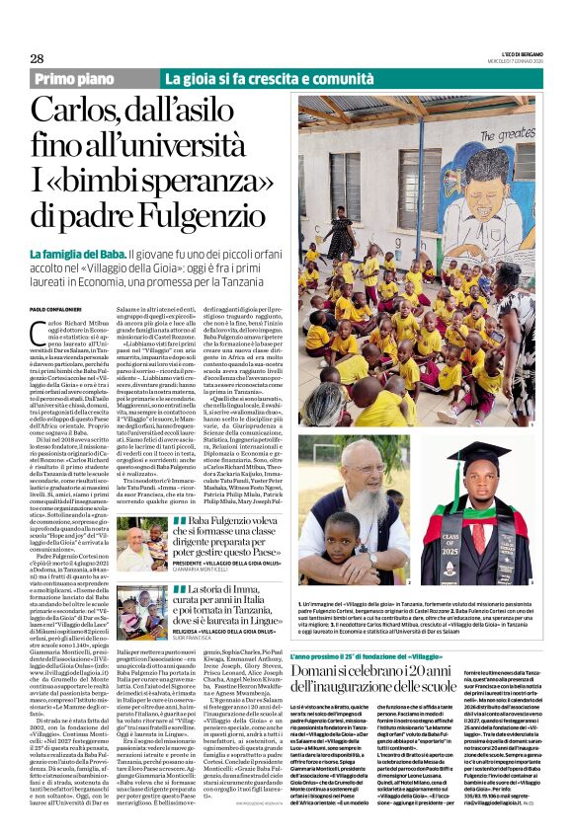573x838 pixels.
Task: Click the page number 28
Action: click(x=37, y=58)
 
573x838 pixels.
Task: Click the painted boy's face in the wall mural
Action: click(x=478, y=174)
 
